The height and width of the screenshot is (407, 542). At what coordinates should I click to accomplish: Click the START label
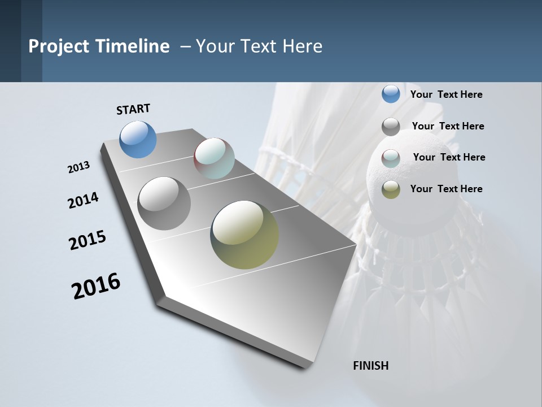[133, 109]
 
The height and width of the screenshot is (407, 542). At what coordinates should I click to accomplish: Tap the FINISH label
[370, 366]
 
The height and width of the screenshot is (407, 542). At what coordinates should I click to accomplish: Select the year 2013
[78, 167]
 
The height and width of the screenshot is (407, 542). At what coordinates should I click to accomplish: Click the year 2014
[83, 200]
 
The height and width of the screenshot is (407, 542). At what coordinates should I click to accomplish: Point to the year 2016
[96, 286]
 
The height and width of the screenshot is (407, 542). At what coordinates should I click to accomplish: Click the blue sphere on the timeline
[138, 139]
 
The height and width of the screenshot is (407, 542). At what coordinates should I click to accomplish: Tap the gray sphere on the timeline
[164, 203]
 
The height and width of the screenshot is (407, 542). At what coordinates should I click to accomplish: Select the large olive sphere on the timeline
[244, 235]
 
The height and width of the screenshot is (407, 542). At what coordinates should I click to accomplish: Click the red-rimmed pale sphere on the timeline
[214, 158]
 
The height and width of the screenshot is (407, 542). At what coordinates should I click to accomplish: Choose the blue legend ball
[391, 94]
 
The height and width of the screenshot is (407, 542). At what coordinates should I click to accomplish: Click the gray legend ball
[391, 127]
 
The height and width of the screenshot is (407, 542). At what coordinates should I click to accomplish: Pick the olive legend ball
[391, 189]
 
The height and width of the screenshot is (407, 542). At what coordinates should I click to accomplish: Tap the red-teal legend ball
[391, 158]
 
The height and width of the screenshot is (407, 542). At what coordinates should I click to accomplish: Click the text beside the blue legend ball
[446, 94]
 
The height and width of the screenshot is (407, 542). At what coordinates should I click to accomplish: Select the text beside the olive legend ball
[446, 189]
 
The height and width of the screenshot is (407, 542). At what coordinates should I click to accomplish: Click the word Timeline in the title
[132, 46]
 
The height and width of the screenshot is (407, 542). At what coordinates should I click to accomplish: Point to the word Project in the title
[58, 46]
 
